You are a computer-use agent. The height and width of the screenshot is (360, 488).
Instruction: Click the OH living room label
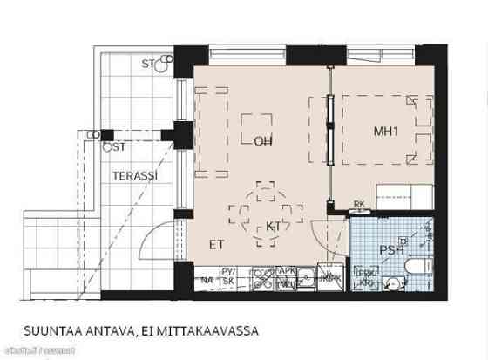(x=262, y=140)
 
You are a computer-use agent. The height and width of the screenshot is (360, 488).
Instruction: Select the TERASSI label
(x=134, y=175)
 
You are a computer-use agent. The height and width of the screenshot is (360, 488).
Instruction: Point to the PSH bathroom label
(x=392, y=251)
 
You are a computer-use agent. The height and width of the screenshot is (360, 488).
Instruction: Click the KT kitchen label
(x=274, y=227)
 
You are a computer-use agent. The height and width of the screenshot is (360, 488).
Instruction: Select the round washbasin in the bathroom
(x=393, y=281)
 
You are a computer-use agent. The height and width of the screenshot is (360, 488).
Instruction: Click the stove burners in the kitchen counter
(x=261, y=279)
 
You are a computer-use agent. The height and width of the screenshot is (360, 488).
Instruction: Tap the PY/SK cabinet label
(x=230, y=275)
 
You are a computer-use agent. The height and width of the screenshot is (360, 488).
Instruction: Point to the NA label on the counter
(x=207, y=279)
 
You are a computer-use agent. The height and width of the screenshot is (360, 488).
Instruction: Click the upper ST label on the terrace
(x=149, y=64)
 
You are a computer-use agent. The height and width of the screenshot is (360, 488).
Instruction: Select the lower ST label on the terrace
(x=119, y=147)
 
